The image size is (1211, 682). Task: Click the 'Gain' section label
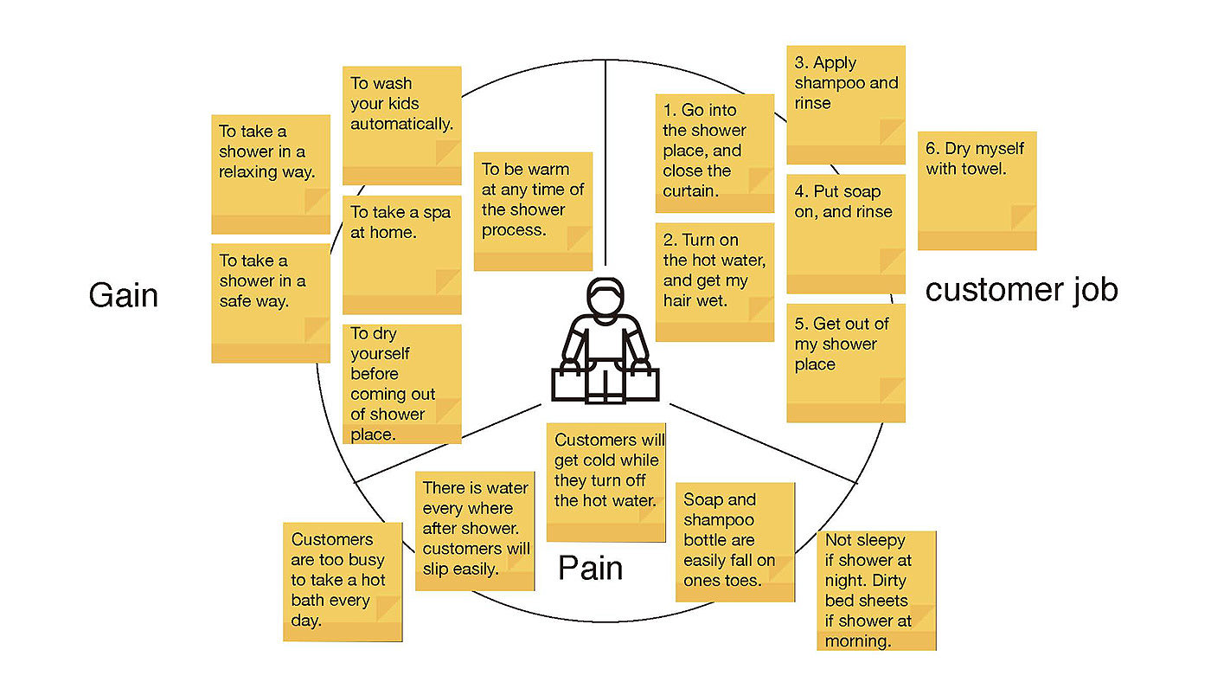(124, 296)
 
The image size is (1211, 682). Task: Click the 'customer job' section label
(1022, 290)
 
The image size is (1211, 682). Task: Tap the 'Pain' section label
(590, 569)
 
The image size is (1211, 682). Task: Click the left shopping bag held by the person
(570, 383)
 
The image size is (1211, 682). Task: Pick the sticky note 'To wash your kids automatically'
(401, 125)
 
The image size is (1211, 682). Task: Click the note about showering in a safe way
(271, 302)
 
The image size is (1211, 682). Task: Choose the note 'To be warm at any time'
(533, 211)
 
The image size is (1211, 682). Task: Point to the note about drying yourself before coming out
(401, 383)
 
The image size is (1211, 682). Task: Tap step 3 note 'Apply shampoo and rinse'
(846, 104)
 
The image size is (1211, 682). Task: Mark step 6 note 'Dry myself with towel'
(977, 190)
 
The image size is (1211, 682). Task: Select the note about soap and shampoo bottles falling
(734, 542)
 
